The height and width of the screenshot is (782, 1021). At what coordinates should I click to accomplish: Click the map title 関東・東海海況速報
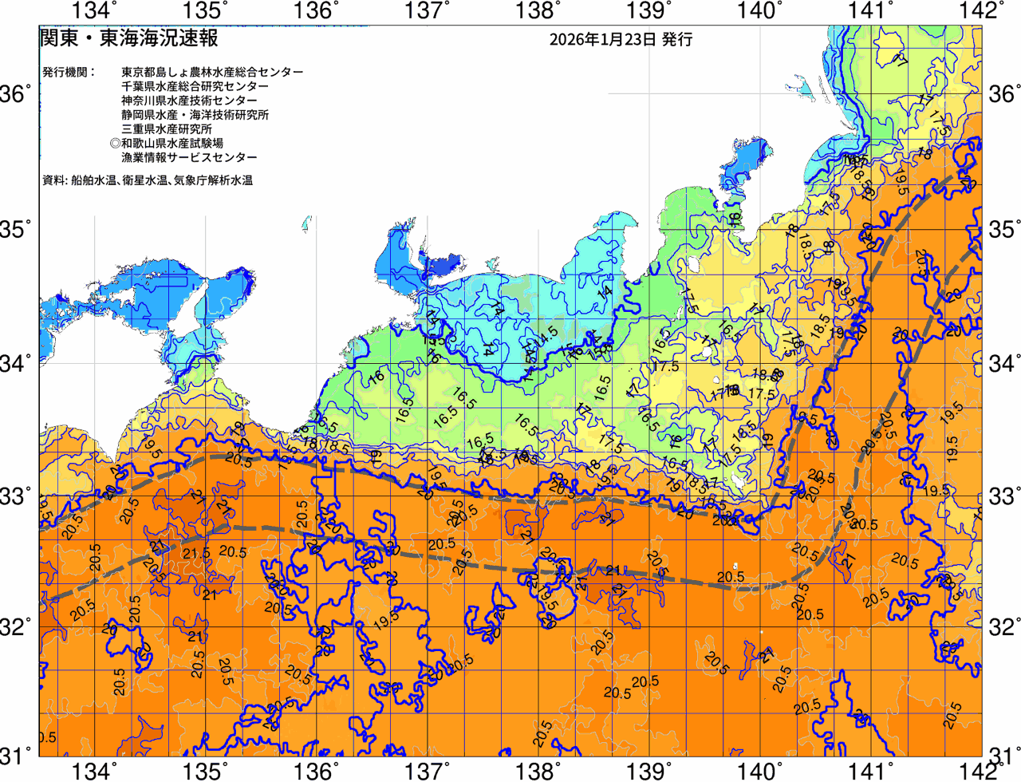click(x=128, y=38)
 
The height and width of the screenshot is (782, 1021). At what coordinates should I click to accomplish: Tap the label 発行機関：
click(x=69, y=72)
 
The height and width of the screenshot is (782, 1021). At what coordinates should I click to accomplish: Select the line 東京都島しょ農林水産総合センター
click(x=212, y=72)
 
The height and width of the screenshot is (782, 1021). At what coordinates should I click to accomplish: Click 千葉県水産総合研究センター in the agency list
click(x=195, y=86)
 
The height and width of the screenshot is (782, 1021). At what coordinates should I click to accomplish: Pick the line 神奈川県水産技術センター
click(x=189, y=101)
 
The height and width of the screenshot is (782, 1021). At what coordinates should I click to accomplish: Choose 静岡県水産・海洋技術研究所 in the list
click(x=195, y=115)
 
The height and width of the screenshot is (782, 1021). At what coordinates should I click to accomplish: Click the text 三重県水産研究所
click(x=167, y=129)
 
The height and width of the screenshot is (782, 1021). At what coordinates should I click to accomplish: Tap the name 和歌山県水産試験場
click(x=172, y=144)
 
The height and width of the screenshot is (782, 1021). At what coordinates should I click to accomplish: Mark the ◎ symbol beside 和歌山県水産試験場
click(x=115, y=144)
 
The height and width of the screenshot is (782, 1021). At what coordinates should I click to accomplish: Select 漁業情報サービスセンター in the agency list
click(x=189, y=158)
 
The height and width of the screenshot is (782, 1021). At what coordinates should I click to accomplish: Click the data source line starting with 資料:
click(x=148, y=180)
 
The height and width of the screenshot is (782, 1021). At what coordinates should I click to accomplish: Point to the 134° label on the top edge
click(x=94, y=11)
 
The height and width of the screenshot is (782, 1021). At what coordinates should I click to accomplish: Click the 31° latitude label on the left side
click(x=16, y=755)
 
